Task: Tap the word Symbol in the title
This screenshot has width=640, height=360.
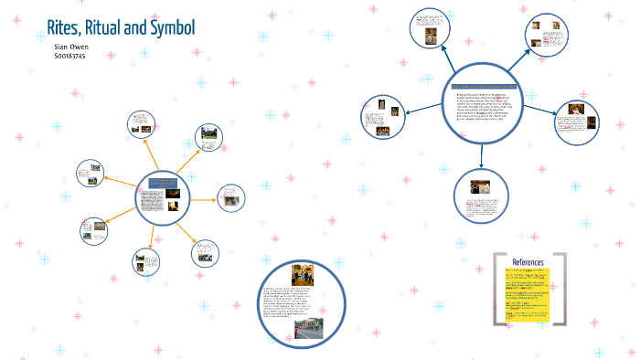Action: click(x=167, y=28)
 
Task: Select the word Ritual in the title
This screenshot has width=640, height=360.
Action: click(x=112, y=28)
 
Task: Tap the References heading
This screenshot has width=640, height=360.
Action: click(x=528, y=262)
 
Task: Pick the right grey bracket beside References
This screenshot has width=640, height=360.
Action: click(x=560, y=288)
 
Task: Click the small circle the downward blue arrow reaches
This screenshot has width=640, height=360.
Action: click(x=480, y=198)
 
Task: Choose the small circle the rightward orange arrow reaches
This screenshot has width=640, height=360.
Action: click(x=232, y=199)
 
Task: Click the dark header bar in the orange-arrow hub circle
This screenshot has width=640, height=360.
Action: click(x=162, y=185)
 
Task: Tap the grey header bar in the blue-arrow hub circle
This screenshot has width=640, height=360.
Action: click(x=485, y=86)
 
